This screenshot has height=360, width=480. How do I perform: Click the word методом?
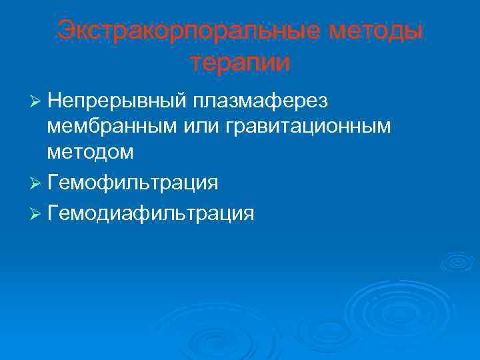91,152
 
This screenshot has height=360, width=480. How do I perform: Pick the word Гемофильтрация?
133,182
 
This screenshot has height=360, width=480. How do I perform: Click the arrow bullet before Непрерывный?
36,101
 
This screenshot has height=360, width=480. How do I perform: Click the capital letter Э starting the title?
65,30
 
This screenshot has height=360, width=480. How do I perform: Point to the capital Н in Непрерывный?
55,101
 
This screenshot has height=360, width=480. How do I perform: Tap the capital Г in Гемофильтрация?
53,182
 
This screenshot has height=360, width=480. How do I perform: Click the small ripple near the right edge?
457,261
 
